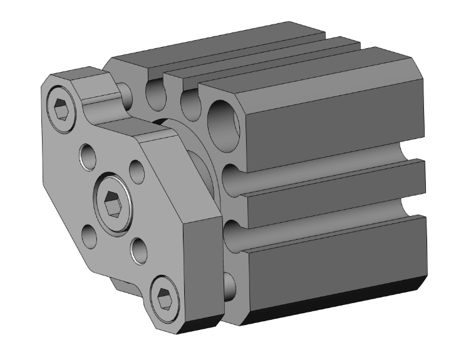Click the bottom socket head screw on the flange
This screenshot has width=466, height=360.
[165, 297]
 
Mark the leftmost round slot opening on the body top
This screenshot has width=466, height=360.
[153, 95]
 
